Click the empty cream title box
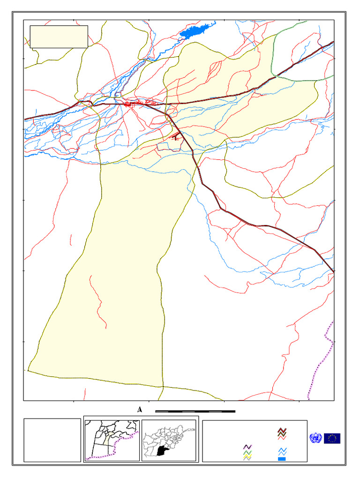click(59, 37)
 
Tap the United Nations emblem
click(315, 438)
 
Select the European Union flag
click(332, 438)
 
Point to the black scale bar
click(195, 411)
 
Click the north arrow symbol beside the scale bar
click(140, 410)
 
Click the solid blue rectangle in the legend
click(282, 458)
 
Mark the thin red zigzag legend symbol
click(282, 438)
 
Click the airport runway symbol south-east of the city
click(176, 137)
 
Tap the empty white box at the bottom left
click(52, 440)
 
